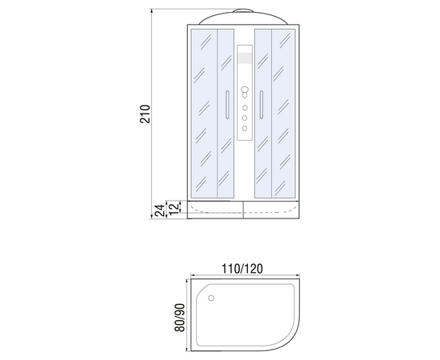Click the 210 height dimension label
(146, 114)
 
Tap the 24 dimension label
(160, 210)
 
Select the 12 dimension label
(174, 208)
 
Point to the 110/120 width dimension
(242, 269)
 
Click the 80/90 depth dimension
(179, 318)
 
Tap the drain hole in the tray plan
(211, 298)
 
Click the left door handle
(227, 105)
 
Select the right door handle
(262, 105)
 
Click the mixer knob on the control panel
(245, 90)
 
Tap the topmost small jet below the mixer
(245, 108)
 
